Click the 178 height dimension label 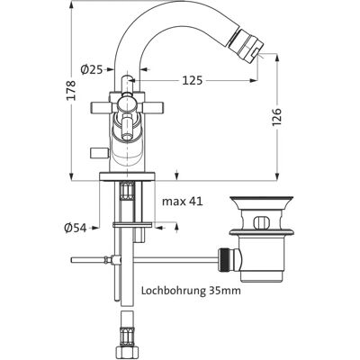[x=71, y=90]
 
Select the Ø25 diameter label [x=91, y=69]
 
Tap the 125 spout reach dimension [x=193, y=80]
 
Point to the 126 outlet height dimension [x=277, y=117]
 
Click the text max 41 [x=183, y=202]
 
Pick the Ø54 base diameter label [x=75, y=228]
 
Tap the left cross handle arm [x=101, y=107]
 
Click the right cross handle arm [x=153, y=107]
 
